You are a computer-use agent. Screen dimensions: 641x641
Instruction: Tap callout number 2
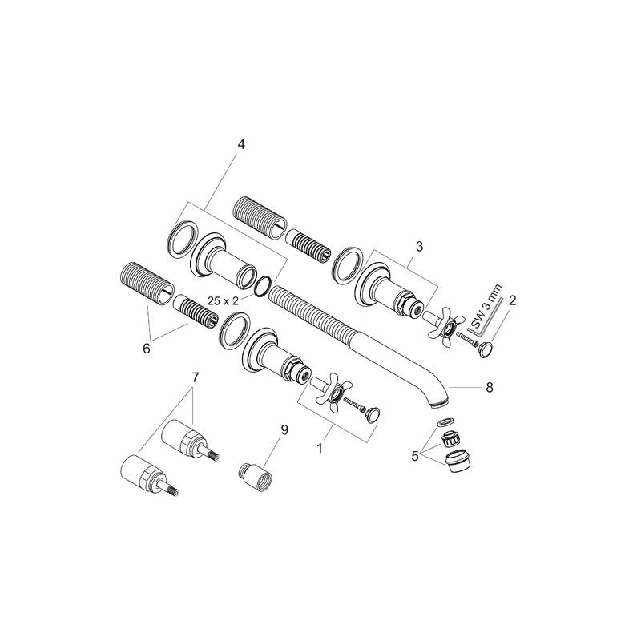tap(512, 301)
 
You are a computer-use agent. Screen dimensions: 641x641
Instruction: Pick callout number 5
tap(413, 456)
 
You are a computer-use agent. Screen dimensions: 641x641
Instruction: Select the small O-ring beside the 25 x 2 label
tap(261, 285)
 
